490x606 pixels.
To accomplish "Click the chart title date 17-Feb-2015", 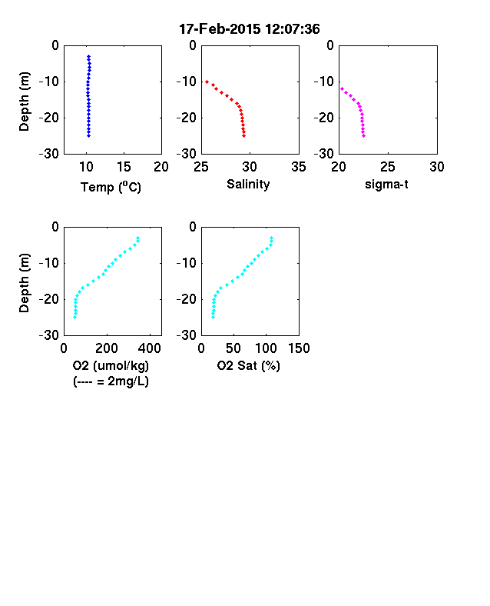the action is pyautogui.click(x=220, y=29).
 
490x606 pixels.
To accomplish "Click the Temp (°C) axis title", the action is pyautogui.click(x=111, y=187).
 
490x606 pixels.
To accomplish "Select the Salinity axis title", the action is pyautogui.click(x=248, y=185).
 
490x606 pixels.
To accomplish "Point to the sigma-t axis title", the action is pyautogui.click(x=386, y=185).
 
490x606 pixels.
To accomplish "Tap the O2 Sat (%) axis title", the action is pyautogui.click(x=248, y=365).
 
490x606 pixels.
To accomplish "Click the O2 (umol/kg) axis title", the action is pyautogui.click(x=111, y=366).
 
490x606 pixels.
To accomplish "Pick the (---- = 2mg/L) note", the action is pyautogui.click(x=111, y=381).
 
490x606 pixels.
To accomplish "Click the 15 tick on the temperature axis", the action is pyautogui.click(x=124, y=167).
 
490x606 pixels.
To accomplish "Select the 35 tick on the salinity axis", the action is pyautogui.click(x=299, y=167).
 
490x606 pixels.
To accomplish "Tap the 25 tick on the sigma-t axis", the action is pyautogui.click(x=387, y=167).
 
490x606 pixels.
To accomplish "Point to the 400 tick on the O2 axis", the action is pyautogui.click(x=150, y=348).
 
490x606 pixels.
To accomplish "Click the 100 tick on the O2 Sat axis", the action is pyautogui.click(x=266, y=348).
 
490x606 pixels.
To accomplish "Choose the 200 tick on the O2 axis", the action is pyautogui.click(x=107, y=348).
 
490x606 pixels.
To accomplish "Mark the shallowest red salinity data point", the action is pyautogui.click(x=207, y=82).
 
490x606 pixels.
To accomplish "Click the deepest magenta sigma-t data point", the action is pyautogui.click(x=363, y=135).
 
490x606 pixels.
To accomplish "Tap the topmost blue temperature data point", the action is pyautogui.click(x=89, y=56).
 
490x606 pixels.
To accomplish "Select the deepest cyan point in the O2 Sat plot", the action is pyautogui.click(x=213, y=317).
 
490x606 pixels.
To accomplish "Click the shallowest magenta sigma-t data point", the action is pyautogui.click(x=343, y=89).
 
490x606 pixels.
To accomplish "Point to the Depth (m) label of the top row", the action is pyautogui.click(x=24, y=102).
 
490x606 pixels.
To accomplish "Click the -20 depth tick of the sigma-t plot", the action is pyautogui.click(x=323, y=118).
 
